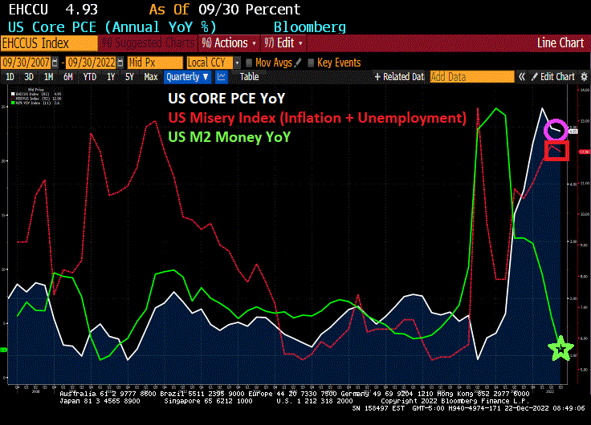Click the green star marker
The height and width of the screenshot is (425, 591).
coord(560,348)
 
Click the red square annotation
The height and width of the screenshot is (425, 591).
coord(556,149)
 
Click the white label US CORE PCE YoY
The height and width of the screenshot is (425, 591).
coord(226,99)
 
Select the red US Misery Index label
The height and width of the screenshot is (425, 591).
coord(317,118)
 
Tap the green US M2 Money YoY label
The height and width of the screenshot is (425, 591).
coord(230,136)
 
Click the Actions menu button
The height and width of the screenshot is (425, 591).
coord(230,42)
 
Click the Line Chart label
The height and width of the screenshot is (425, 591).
coord(560,42)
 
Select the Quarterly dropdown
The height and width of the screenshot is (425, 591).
coord(187,77)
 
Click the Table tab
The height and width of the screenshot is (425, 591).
coord(250,77)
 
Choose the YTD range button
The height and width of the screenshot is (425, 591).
coord(89,77)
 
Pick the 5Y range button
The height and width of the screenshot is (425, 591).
coord(129,77)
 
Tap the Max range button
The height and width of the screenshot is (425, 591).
coord(151,77)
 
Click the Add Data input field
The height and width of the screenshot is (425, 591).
coord(471,77)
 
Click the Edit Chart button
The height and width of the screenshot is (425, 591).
coord(557,77)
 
